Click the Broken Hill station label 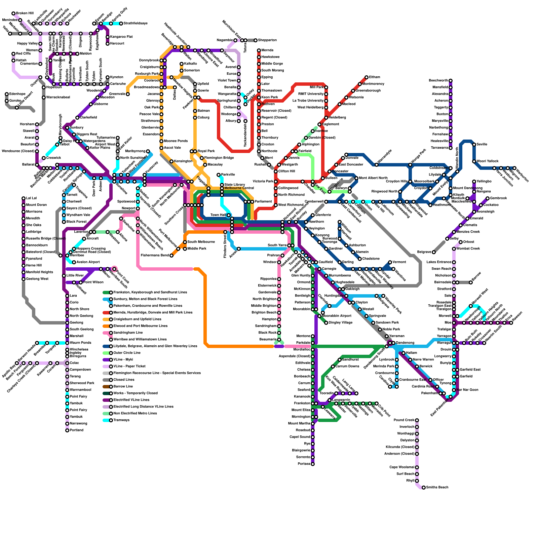[x=25, y=13]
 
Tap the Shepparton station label [x=267, y=40]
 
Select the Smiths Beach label [x=437, y=488]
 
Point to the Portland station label [x=76, y=430]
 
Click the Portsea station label [x=304, y=464]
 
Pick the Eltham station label [x=375, y=77]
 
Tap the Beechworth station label [x=438, y=81]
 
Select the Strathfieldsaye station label [x=136, y=24]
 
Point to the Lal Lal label [x=31, y=198]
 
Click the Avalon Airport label [x=88, y=262]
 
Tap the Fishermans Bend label [x=155, y=256]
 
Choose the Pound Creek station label [x=404, y=420]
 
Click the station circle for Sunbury [x=67, y=128]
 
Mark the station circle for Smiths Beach [x=424, y=488]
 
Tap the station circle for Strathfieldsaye [x=121, y=24]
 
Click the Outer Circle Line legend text [x=127, y=353]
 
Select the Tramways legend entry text [x=121, y=420]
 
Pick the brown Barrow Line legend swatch [x=106, y=387]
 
